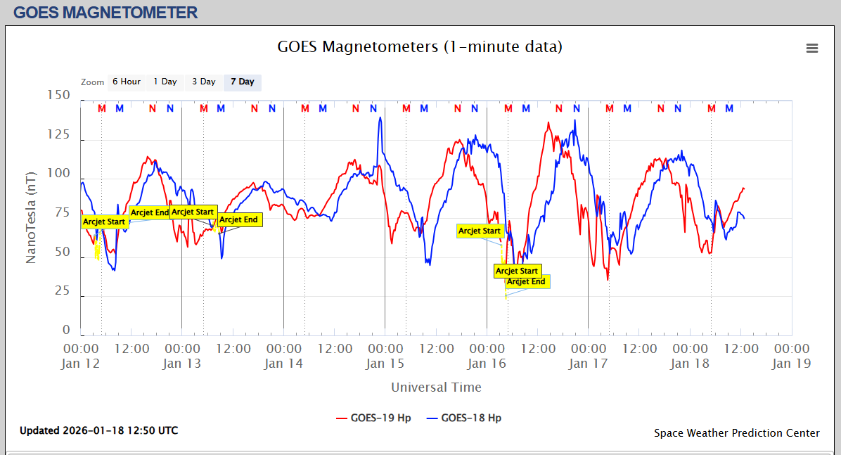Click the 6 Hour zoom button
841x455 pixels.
(x=127, y=82)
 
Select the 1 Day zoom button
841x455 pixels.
(x=165, y=82)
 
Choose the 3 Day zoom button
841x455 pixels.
(x=204, y=82)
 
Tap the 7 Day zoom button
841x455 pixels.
(x=243, y=82)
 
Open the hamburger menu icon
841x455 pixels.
(x=812, y=48)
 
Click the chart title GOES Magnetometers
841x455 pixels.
(x=420, y=47)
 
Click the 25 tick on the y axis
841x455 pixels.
(x=62, y=291)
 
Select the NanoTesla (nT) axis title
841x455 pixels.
(x=31, y=213)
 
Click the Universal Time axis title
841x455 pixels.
(x=436, y=387)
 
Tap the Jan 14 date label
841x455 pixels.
(x=283, y=364)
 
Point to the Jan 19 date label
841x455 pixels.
(x=792, y=364)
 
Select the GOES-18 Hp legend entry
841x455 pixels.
(x=471, y=418)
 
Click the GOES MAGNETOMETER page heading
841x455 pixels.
(x=105, y=12)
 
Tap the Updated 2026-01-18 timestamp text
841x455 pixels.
(x=98, y=430)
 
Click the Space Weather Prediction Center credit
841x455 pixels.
(x=736, y=433)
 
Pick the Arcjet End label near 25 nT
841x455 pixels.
(x=527, y=282)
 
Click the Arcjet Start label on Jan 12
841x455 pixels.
(x=104, y=222)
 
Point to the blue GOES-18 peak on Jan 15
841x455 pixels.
(x=380, y=117)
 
